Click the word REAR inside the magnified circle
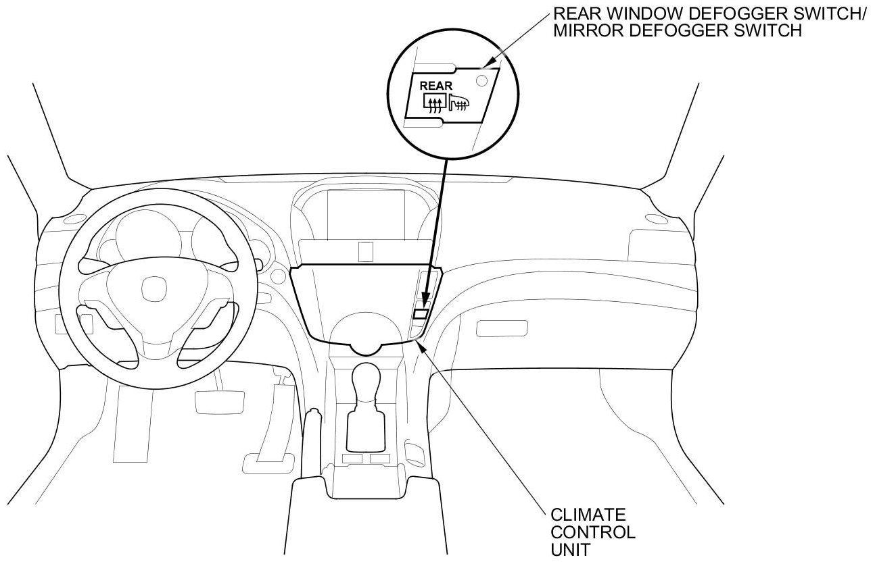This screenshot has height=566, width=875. (x=432, y=86)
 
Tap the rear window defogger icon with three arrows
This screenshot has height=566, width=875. (x=434, y=103)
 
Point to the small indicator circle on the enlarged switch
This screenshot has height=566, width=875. (x=481, y=80)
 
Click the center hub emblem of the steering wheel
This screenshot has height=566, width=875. (x=150, y=290)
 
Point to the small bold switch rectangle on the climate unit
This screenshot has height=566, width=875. (x=421, y=313)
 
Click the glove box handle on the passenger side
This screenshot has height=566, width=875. (x=496, y=329)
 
